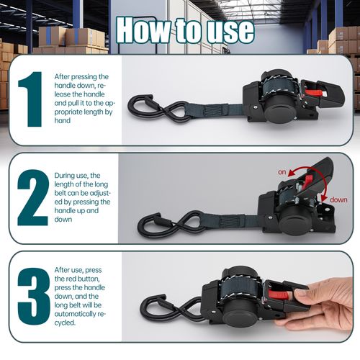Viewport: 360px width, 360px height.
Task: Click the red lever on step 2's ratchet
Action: pyautogui.click(x=308, y=180)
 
